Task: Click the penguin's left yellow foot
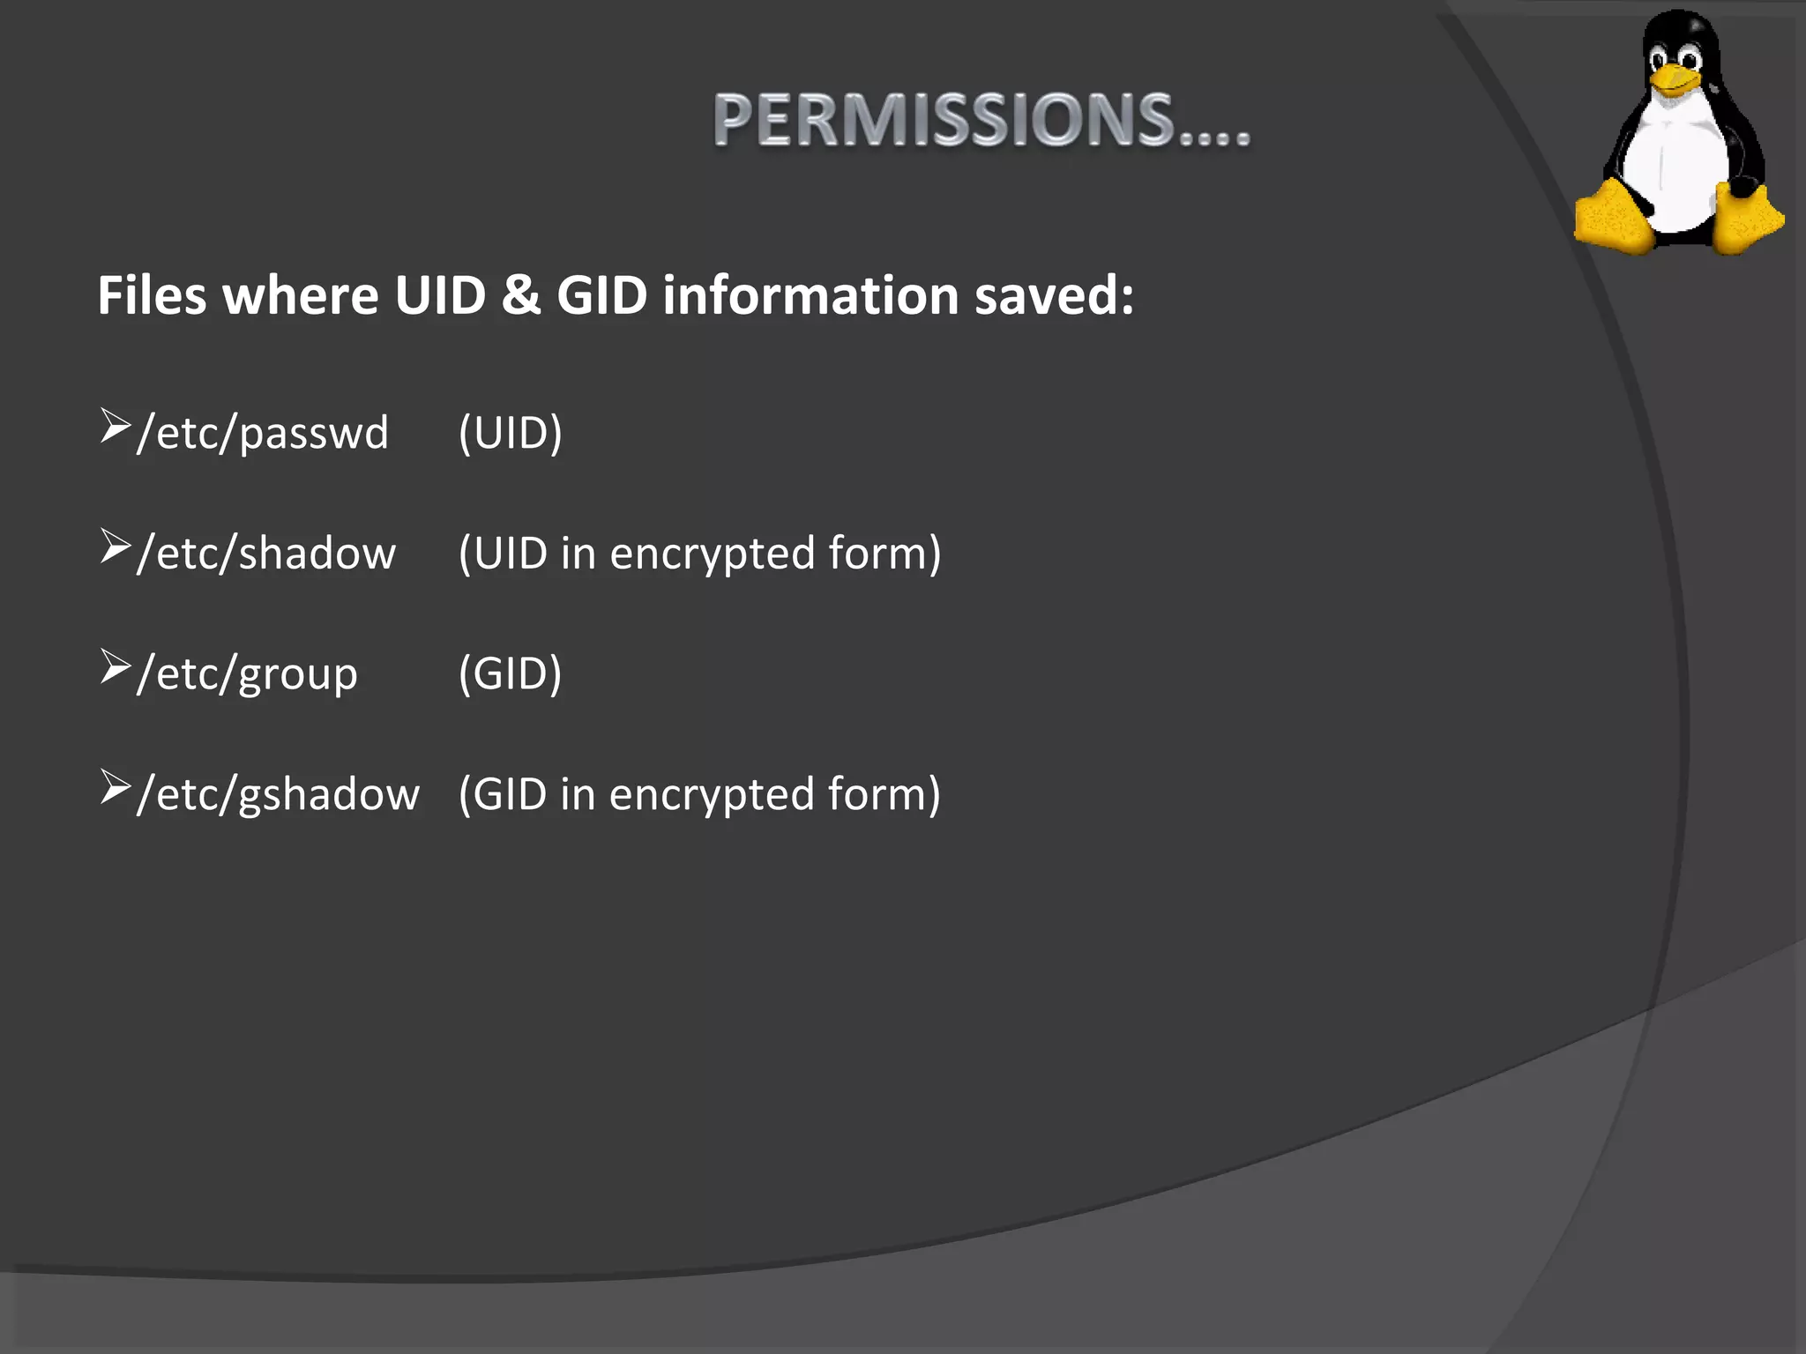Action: pyautogui.click(x=1613, y=217)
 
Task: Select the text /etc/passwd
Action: pyautogui.click(x=263, y=433)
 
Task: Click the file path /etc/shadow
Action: pyautogui.click(x=266, y=554)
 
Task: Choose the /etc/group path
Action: pyautogui.click(x=248, y=674)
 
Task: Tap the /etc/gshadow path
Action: pyautogui.click(x=278, y=794)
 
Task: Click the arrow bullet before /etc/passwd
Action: pyautogui.click(x=115, y=426)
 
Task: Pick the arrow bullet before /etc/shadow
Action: pyautogui.click(x=115, y=547)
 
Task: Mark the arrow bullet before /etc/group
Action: pyautogui.click(x=115, y=666)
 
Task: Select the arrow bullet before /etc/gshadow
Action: pyautogui.click(x=115, y=787)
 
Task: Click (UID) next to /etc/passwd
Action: pyautogui.click(x=510, y=433)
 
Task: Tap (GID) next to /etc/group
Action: pyautogui.click(x=510, y=674)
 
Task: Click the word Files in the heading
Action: pyautogui.click(x=152, y=295)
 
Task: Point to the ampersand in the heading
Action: pyautogui.click(x=520, y=295)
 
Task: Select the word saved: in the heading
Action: pyautogui.click(x=1054, y=295)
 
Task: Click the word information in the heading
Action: pyautogui.click(x=810, y=295)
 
